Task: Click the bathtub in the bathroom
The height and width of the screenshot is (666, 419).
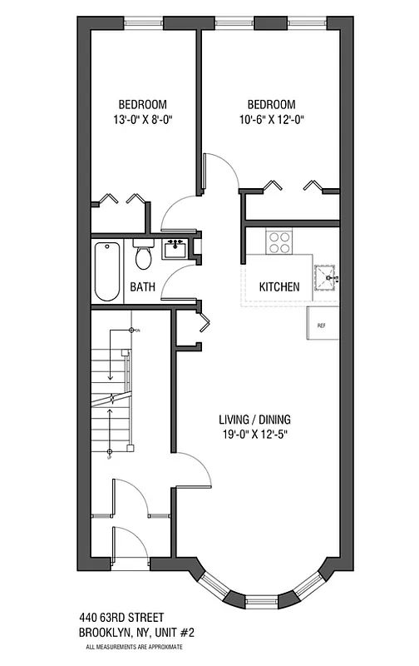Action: click(x=106, y=271)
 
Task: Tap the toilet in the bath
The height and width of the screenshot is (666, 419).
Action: click(x=142, y=256)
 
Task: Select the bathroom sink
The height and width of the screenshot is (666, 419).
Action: click(x=175, y=248)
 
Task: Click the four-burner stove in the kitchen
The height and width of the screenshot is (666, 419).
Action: click(x=279, y=242)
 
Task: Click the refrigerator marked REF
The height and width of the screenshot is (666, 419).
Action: click(x=323, y=322)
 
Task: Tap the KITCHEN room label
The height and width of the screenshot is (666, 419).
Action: click(x=279, y=287)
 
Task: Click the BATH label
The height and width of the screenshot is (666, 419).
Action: click(x=142, y=288)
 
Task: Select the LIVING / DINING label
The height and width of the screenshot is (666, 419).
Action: click(x=255, y=419)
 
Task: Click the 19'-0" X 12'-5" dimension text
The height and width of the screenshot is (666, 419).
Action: click(x=255, y=434)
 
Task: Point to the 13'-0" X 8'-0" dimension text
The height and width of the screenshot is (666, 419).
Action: click(x=142, y=119)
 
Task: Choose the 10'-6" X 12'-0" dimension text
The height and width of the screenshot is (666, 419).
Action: click(x=272, y=119)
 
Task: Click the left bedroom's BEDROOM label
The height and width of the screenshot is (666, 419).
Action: click(x=142, y=104)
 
